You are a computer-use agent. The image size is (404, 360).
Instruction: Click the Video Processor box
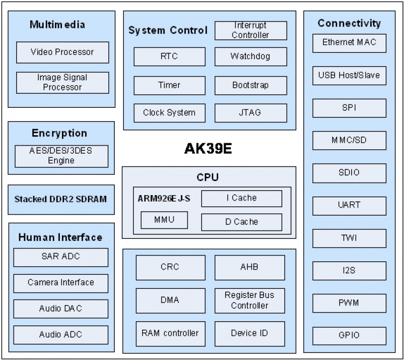click(x=62, y=52)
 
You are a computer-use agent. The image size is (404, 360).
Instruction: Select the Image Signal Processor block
click(x=62, y=82)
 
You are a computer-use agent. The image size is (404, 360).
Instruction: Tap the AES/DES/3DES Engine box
click(x=61, y=156)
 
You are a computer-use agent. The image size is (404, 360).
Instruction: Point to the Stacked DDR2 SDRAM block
click(x=61, y=199)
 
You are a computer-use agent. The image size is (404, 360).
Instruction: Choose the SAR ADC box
click(x=61, y=257)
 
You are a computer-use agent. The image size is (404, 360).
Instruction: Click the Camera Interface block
click(x=61, y=283)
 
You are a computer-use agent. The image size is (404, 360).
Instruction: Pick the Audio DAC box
click(x=61, y=309)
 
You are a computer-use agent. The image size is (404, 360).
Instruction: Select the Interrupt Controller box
click(x=250, y=31)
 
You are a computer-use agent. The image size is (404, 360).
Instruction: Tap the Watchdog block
click(x=250, y=57)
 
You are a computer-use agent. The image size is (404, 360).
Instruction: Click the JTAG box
click(x=250, y=113)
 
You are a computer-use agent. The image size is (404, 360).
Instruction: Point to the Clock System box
click(x=169, y=113)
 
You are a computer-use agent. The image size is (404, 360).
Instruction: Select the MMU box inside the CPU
click(x=164, y=220)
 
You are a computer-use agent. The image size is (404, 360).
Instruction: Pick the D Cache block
click(x=241, y=222)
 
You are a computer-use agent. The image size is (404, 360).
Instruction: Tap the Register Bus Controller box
click(x=249, y=300)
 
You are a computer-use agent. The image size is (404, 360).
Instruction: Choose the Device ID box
click(x=249, y=333)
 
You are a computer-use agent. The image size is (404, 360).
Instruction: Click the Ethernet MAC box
click(x=349, y=43)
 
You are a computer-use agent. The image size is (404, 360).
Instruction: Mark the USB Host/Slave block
click(x=349, y=75)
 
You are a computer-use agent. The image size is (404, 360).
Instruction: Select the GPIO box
click(x=349, y=335)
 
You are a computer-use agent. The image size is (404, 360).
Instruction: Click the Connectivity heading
click(x=349, y=23)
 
